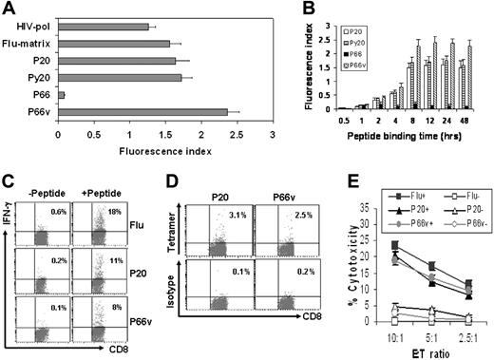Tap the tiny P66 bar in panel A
tap(62, 95)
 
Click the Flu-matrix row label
tap(30, 43)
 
